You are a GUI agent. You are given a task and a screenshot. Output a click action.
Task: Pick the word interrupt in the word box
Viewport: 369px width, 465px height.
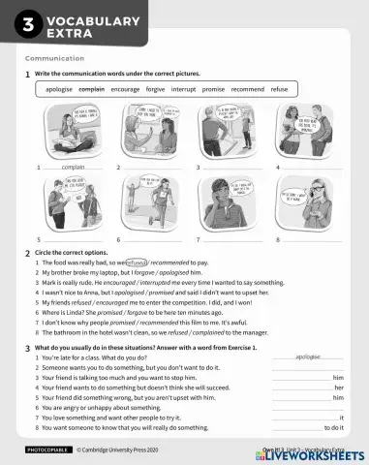tap(183, 89)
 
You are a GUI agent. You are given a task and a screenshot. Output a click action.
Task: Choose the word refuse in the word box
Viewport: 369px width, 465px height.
tap(279, 89)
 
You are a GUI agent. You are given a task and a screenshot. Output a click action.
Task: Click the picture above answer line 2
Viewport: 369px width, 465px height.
tap(153, 135)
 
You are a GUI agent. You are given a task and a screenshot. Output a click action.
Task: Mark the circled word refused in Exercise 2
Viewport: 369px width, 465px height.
tap(137, 263)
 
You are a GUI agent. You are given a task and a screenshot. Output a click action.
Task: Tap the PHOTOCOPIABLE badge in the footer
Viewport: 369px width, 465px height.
tap(46, 451)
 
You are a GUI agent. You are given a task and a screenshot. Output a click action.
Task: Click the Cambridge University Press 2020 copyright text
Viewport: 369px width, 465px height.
tap(122, 451)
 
